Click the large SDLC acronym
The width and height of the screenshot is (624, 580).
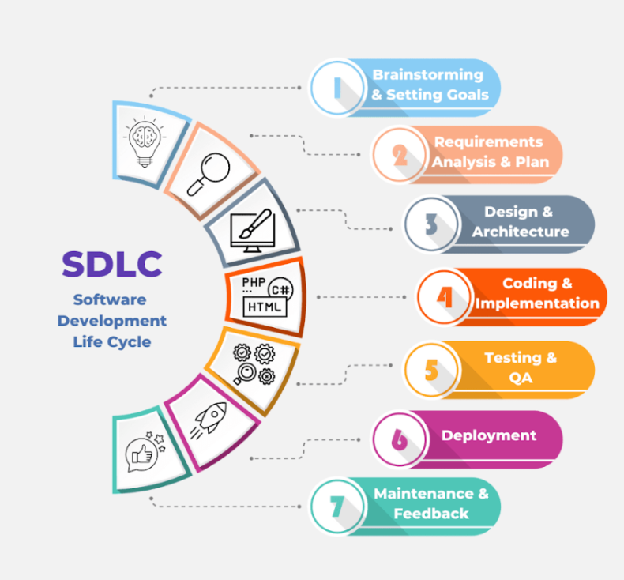(x=112, y=264)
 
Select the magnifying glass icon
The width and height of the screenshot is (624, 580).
(x=208, y=173)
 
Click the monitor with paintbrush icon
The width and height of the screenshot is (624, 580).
(x=252, y=229)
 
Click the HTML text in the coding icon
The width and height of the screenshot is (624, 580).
(x=263, y=305)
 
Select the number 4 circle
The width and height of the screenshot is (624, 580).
(x=445, y=297)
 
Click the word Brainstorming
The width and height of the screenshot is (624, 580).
(x=427, y=75)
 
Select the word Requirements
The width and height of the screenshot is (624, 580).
(x=488, y=142)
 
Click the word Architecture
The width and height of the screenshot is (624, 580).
(x=521, y=232)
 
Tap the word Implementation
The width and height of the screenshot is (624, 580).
(x=538, y=303)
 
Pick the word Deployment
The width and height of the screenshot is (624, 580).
(x=489, y=435)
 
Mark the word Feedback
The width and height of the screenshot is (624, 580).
(x=431, y=514)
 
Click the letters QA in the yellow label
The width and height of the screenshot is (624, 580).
(x=521, y=378)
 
